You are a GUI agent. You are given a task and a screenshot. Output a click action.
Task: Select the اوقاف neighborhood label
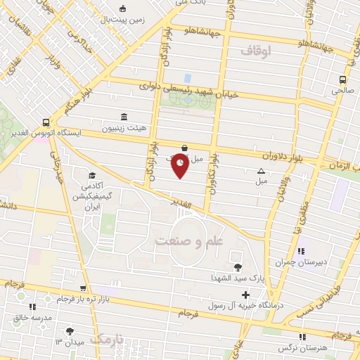(x=255, y=51)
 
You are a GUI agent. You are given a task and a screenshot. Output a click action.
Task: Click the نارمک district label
(x=110, y=340)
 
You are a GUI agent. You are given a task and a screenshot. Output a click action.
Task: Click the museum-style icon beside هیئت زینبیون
(x=124, y=117)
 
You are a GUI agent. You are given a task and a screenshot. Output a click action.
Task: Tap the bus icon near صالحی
(x=342, y=79)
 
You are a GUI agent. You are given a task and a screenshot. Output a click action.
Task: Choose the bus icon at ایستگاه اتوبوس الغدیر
(x=46, y=121)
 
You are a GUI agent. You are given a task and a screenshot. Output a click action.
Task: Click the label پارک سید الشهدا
(x=236, y=278)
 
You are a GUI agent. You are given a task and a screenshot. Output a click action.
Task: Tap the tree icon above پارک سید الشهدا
(x=238, y=266)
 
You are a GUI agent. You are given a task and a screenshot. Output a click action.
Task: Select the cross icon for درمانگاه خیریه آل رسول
(x=245, y=295)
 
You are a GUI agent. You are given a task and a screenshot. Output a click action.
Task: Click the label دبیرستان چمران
(x=301, y=262)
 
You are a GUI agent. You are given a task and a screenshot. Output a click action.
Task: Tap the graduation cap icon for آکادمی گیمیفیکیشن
(x=91, y=175)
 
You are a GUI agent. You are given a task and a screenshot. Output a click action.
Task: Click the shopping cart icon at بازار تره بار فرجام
(x=84, y=288)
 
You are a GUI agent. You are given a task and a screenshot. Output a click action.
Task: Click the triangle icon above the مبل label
(x=262, y=170)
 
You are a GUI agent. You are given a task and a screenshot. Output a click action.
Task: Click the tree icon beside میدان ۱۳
(x=70, y=330)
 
